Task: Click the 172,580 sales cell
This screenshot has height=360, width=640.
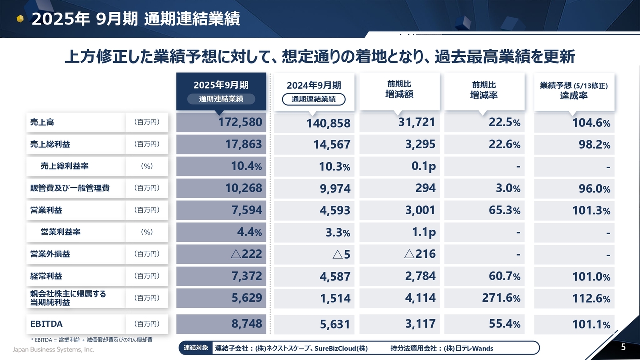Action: coord(221,122)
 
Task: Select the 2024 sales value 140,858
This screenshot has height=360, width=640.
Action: coord(314,123)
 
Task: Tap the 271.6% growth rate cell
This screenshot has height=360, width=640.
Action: coord(484,298)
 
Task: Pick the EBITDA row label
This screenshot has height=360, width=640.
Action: coord(46,324)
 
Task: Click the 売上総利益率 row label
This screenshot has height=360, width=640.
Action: coord(65,166)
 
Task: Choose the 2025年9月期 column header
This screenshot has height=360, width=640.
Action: coord(221,91)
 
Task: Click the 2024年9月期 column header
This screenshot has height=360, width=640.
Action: coord(314,91)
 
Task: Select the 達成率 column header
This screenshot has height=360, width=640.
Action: coord(574,91)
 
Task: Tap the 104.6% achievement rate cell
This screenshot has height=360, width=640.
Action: coord(574,123)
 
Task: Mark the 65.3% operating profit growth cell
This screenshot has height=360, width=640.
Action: coord(484,210)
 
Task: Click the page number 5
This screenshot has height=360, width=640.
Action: coord(623,347)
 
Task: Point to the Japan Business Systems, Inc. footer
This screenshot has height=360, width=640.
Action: coord(53,349)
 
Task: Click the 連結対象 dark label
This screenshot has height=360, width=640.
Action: coord(196,348)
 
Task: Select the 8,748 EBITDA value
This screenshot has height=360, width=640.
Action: coord(221,324)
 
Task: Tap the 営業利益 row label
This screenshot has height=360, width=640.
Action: coord(46,210)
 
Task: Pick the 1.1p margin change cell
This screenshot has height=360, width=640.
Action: coord(399,232)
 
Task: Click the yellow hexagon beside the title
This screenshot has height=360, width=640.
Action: coord(20,19)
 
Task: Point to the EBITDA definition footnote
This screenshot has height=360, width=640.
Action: coord(92,340)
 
